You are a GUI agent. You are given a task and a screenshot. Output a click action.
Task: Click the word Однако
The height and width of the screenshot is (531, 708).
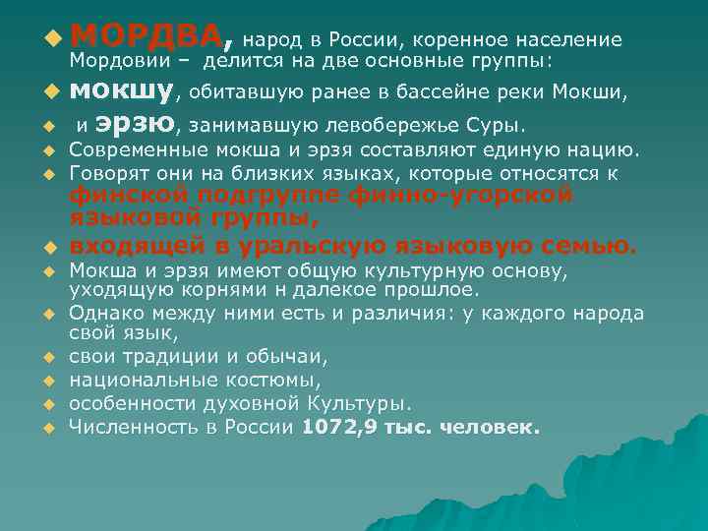[106, 314]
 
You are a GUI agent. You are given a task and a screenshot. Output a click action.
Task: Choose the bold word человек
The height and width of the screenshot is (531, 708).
[491, 428]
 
